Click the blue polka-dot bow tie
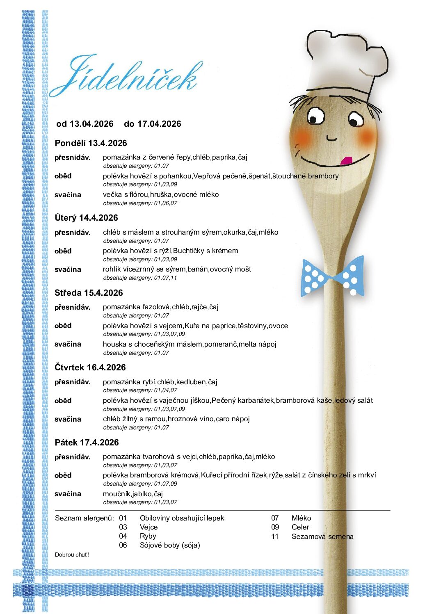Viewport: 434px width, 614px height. (x=333, y=276)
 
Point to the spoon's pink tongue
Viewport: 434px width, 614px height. (x=346, y=160)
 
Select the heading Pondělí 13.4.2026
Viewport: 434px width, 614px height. (x=91, y=143)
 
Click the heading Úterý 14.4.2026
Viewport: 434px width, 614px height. (x=86, y=218)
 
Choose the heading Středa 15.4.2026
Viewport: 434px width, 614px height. (x=89, y=293)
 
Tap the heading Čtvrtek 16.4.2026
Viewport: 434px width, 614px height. (x=90, y=367)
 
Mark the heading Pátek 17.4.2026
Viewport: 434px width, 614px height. (x=87, y=443)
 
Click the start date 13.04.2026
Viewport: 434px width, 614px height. (x=91, y=124)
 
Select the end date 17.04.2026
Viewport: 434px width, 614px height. (x=159, y=124)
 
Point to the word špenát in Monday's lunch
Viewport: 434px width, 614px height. (x=259, y=176)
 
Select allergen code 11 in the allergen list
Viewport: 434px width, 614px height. (x=275, y=536)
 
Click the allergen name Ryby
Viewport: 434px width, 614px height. (x=148, y=536)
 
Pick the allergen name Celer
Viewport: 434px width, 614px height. (x=300, y=527)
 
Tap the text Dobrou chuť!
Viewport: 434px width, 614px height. (x=72, y=555)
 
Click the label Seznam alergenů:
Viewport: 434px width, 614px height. (x=85, y=518)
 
